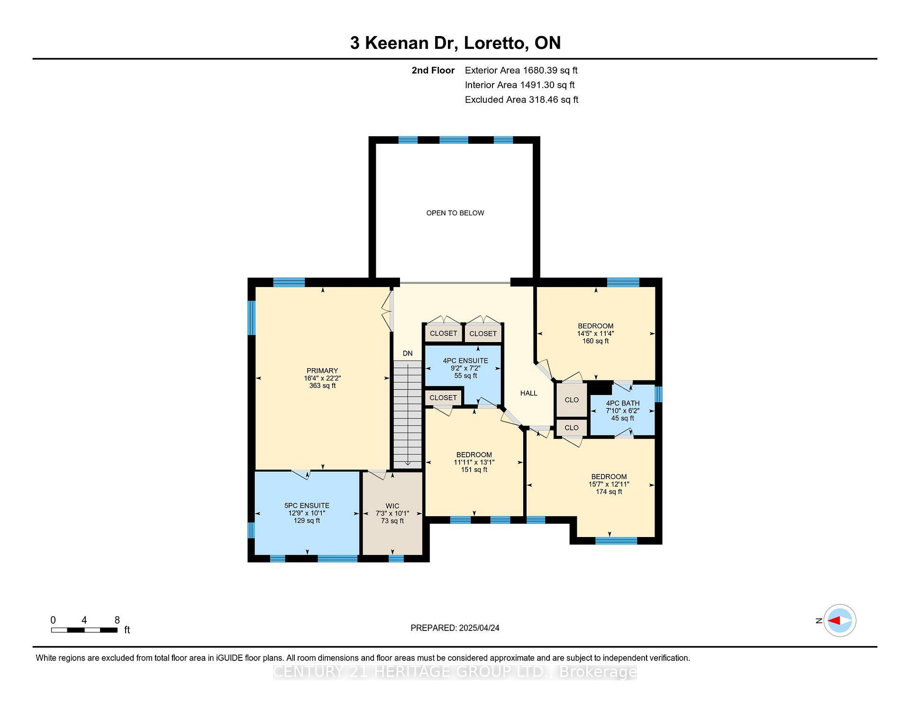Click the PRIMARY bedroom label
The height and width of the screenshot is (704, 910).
[x=322, y=371]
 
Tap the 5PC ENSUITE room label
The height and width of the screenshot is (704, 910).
[x=307, y=506]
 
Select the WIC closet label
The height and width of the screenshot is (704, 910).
[x=392, y=506]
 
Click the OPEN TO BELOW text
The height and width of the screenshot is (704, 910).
[x=455, y=213]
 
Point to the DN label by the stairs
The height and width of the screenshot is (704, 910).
[x=408, y=353]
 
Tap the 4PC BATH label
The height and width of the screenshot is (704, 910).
[x=622, y=403]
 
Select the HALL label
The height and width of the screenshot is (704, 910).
[x=528, y=393]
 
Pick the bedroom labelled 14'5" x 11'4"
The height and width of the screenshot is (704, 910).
[x=595, y=333]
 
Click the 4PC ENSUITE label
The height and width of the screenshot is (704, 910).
[x=465, y=361]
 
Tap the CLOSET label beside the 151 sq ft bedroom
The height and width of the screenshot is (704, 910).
[x=443, y=398]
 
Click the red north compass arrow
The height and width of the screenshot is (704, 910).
[x=834, y=621]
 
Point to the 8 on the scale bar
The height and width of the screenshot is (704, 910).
[x=117, y=620]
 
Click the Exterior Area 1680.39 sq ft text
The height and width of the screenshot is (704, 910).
[x=521, y=71]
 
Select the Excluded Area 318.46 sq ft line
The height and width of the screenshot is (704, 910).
[x=521, y=100]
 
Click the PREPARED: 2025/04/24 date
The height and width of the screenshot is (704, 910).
[x=455, y=628]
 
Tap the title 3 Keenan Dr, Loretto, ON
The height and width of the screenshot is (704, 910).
[x=455, y=43]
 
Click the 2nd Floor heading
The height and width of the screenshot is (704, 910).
[x=433, y=71]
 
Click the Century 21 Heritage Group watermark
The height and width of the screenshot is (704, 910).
[x=455, y=672]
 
